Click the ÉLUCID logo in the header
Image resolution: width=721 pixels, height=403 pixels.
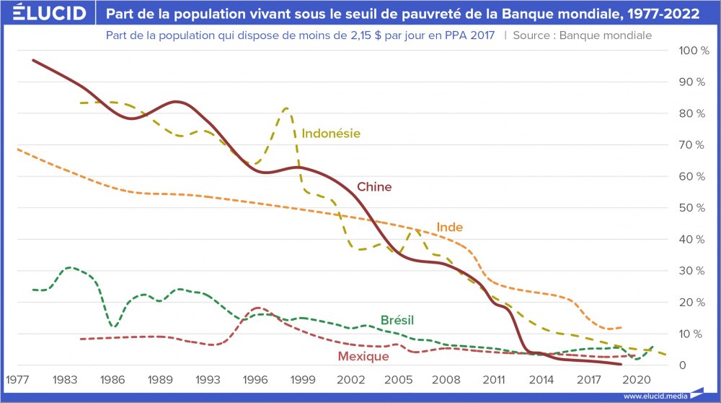[44, 14]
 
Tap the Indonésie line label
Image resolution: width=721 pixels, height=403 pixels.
[331, 133]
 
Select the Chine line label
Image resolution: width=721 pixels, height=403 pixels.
[374, 187]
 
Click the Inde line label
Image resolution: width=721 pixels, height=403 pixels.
[449, 227]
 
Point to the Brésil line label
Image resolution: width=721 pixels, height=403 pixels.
[397, 320]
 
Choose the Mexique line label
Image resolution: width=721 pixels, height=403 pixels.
[363, 356]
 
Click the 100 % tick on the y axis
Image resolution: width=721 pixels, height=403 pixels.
[689, 51]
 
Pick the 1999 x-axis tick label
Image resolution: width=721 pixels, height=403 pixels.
[303, 379]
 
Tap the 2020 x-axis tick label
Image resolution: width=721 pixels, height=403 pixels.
[636, 379]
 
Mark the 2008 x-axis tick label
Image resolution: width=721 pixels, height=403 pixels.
[446, 379]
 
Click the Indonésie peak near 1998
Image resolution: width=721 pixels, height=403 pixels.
[286, 109]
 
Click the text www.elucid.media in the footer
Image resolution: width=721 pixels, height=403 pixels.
[654, 396]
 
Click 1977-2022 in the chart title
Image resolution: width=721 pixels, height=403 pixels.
[663, 14]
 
